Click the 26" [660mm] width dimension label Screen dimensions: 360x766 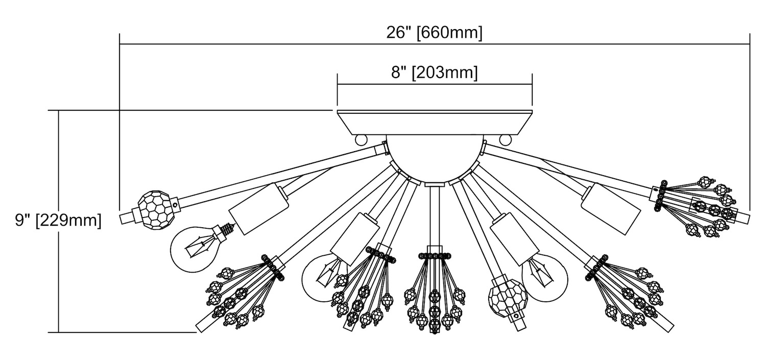(x=434, y=33)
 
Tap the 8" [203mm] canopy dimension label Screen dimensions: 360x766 (x=435, y=73)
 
